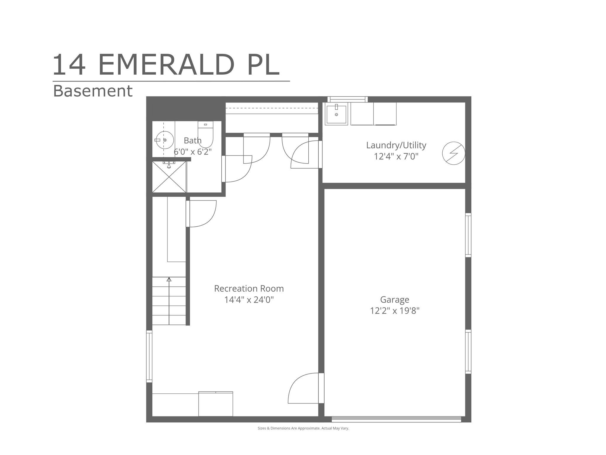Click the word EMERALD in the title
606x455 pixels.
coord(166,65)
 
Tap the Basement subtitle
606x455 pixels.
coord(93,91)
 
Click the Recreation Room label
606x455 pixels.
coord(249,288)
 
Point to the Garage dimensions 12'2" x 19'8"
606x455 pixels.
coord(395,310)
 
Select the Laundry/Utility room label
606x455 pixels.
coord(396,145)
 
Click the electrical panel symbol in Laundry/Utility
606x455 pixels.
coord(454,153)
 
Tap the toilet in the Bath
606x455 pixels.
coord(205,134)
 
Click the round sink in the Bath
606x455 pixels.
coord(165,140)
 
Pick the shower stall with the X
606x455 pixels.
coord(169,177)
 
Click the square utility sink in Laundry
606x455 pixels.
coord(336,114)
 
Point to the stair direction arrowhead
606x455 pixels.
coord(169,279)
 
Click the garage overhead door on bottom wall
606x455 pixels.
coord(396,419)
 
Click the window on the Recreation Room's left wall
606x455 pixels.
coord(149,356)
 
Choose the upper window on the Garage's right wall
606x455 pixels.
coord(468,235)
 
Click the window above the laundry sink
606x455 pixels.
coord(347,99)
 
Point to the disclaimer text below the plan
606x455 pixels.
coord(303,428)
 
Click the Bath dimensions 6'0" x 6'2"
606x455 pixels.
coord(193,152)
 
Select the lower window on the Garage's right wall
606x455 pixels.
coord(468,352)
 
